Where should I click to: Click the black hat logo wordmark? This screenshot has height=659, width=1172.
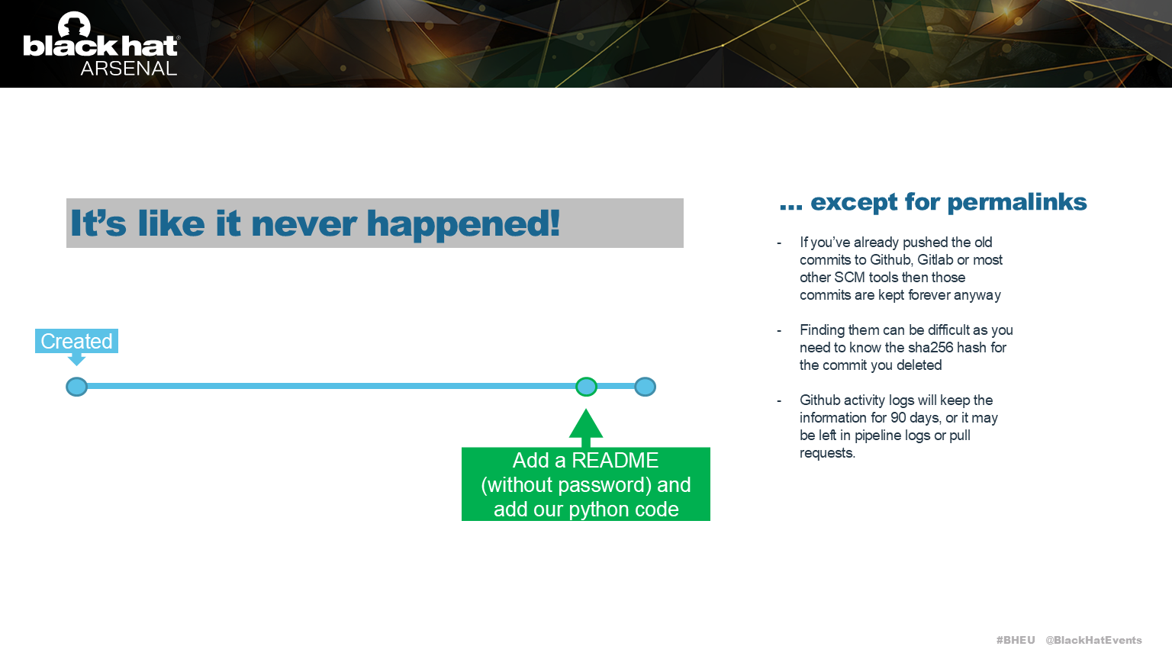tap(100, 45)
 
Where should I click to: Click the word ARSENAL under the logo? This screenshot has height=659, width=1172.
tap(128, 69)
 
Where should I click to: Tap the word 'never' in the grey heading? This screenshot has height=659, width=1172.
tap(304, 223)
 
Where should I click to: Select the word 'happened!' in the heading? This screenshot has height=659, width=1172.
tap(463, 223)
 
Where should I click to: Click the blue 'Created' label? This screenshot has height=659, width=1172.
tap(76, 341)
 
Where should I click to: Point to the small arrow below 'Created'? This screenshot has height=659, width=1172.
tap(76, 359)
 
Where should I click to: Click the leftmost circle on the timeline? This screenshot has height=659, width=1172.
tap(76, 387)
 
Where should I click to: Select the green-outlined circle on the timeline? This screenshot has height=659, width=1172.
tap(586, 387)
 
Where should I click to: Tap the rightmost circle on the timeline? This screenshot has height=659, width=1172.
tap(645, 387)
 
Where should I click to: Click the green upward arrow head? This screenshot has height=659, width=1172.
tap(586, 424)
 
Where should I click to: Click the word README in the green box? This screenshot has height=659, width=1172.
tap(615, 461)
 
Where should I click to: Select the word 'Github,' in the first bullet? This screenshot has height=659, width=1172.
tap(891, 260)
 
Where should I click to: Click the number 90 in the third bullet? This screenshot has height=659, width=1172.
tap(898, 418)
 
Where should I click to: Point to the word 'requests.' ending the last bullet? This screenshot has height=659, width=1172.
tap(827, 453)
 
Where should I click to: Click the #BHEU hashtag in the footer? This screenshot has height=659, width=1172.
tap(1015, 640)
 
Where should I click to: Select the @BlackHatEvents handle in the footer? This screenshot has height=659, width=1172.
tap(1093, 640)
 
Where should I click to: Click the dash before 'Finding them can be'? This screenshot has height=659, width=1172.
tap(779, 331)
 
